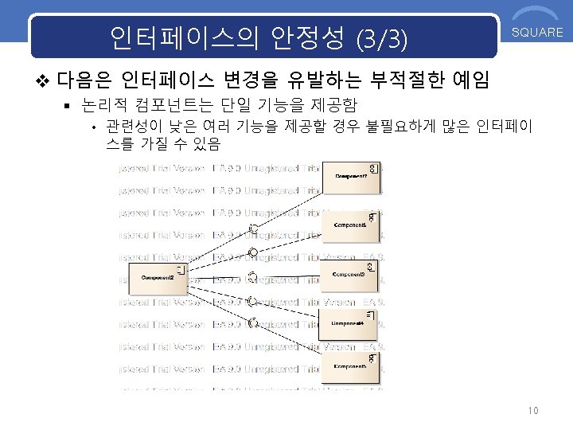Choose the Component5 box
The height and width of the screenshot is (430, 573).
coord(350,366)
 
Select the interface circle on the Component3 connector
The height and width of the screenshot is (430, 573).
coord(252,277)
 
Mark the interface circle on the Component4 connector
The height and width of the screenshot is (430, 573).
coord(252,302)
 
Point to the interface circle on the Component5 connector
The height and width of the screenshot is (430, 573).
coord(252,323)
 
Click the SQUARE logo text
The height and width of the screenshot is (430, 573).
coord(537,33)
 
